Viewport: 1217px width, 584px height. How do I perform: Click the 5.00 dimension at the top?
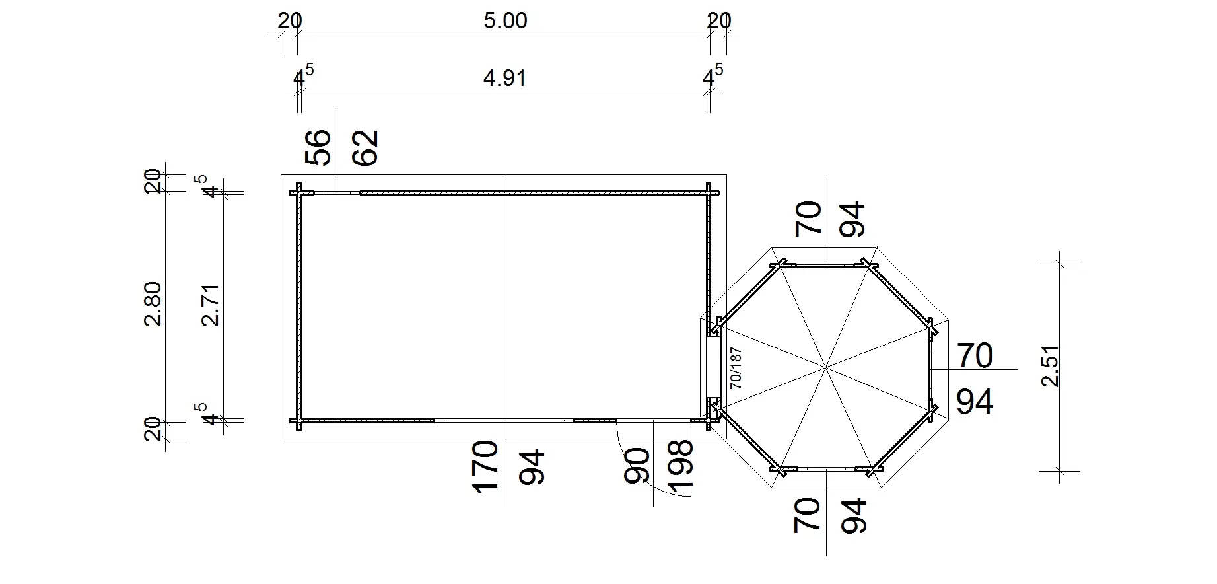505,21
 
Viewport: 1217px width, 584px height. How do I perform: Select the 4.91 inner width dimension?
505,79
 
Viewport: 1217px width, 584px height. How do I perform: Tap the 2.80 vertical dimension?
153,304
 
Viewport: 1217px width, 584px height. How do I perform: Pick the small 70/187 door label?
736,368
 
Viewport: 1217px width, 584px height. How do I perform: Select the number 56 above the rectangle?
318,147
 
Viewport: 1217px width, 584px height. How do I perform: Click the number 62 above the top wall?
366,147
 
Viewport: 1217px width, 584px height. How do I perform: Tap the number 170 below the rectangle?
485,467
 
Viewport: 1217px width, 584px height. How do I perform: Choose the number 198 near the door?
681,467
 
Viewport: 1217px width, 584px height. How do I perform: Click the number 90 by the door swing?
637,466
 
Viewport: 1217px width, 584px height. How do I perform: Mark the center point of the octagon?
825,366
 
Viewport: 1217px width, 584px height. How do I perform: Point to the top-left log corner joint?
299,193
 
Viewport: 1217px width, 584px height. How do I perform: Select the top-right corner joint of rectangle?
709,193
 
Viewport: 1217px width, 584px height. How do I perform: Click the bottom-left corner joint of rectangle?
299,420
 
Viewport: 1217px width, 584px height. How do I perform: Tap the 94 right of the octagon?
975,401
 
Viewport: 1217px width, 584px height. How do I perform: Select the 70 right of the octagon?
975,355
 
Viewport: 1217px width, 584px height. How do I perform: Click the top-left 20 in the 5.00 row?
289,21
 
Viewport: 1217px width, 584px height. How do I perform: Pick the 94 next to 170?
532,467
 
